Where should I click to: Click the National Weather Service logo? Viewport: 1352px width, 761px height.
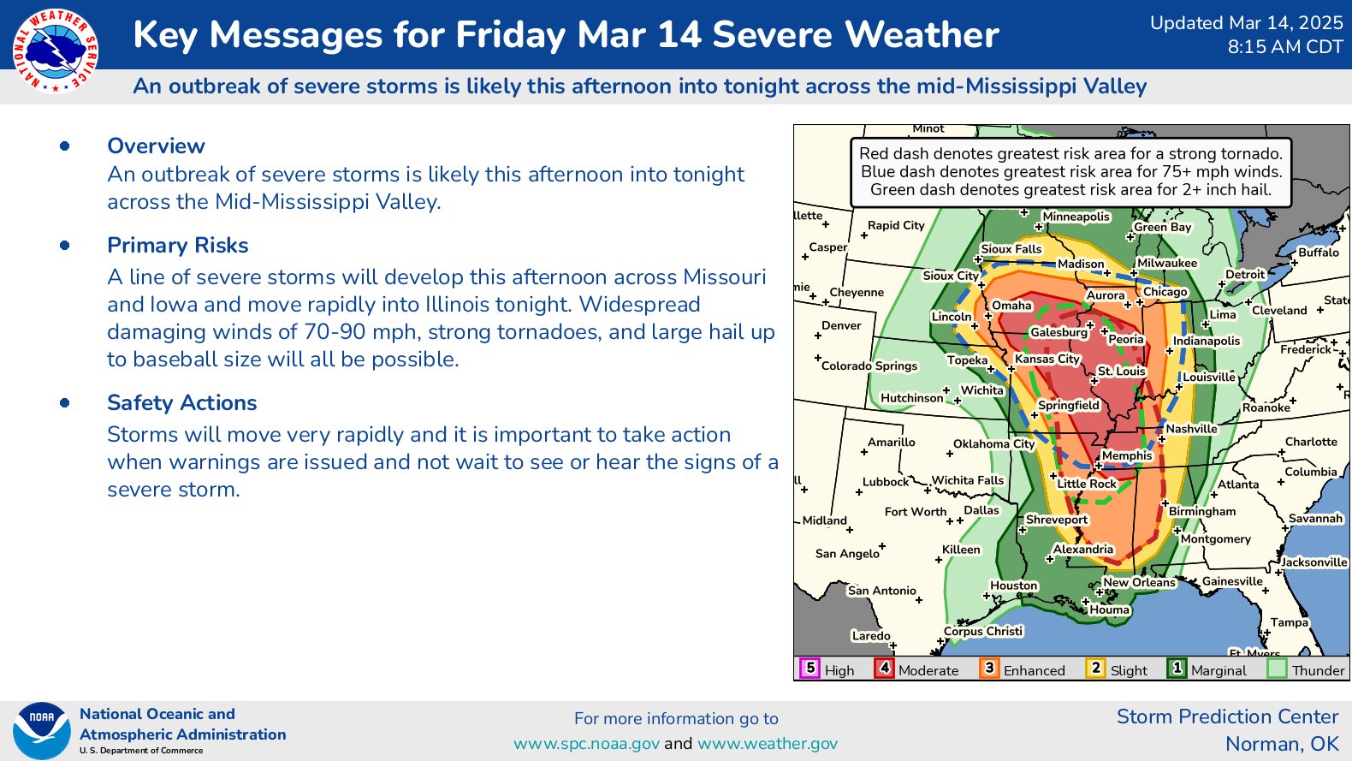click(56, 51)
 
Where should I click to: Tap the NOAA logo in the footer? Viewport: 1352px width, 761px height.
click(42, 730)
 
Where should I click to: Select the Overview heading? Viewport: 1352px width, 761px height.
click(156, 146)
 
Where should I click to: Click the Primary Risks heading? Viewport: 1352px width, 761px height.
click(177, 245)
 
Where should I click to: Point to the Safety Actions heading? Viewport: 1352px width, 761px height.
click(181, 403)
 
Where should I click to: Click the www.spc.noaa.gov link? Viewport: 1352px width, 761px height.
click(586, 744)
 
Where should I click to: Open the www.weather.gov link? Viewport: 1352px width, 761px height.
click(768, 744)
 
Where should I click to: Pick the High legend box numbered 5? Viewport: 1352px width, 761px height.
click(810, 669)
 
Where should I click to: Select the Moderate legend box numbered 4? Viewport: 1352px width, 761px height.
click(884, 669)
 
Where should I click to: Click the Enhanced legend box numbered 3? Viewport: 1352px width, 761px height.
click(989, 669)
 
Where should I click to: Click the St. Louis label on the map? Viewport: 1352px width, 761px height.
click(1122, 371)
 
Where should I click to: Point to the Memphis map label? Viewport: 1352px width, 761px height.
click(1127, 455)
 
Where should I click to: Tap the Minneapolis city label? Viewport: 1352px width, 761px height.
click(1076, 217)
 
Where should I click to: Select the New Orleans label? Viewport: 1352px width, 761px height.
click(1139, 582)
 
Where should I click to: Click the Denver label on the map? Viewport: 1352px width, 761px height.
click(841, 325)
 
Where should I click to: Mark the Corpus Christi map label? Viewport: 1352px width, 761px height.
click(983, 631)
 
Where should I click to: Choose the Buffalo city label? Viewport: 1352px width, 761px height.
click(1319, 252)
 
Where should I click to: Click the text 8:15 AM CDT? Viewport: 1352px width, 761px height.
click(1285, 46)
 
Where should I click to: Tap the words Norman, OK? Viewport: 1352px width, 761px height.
click(1282, 744)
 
